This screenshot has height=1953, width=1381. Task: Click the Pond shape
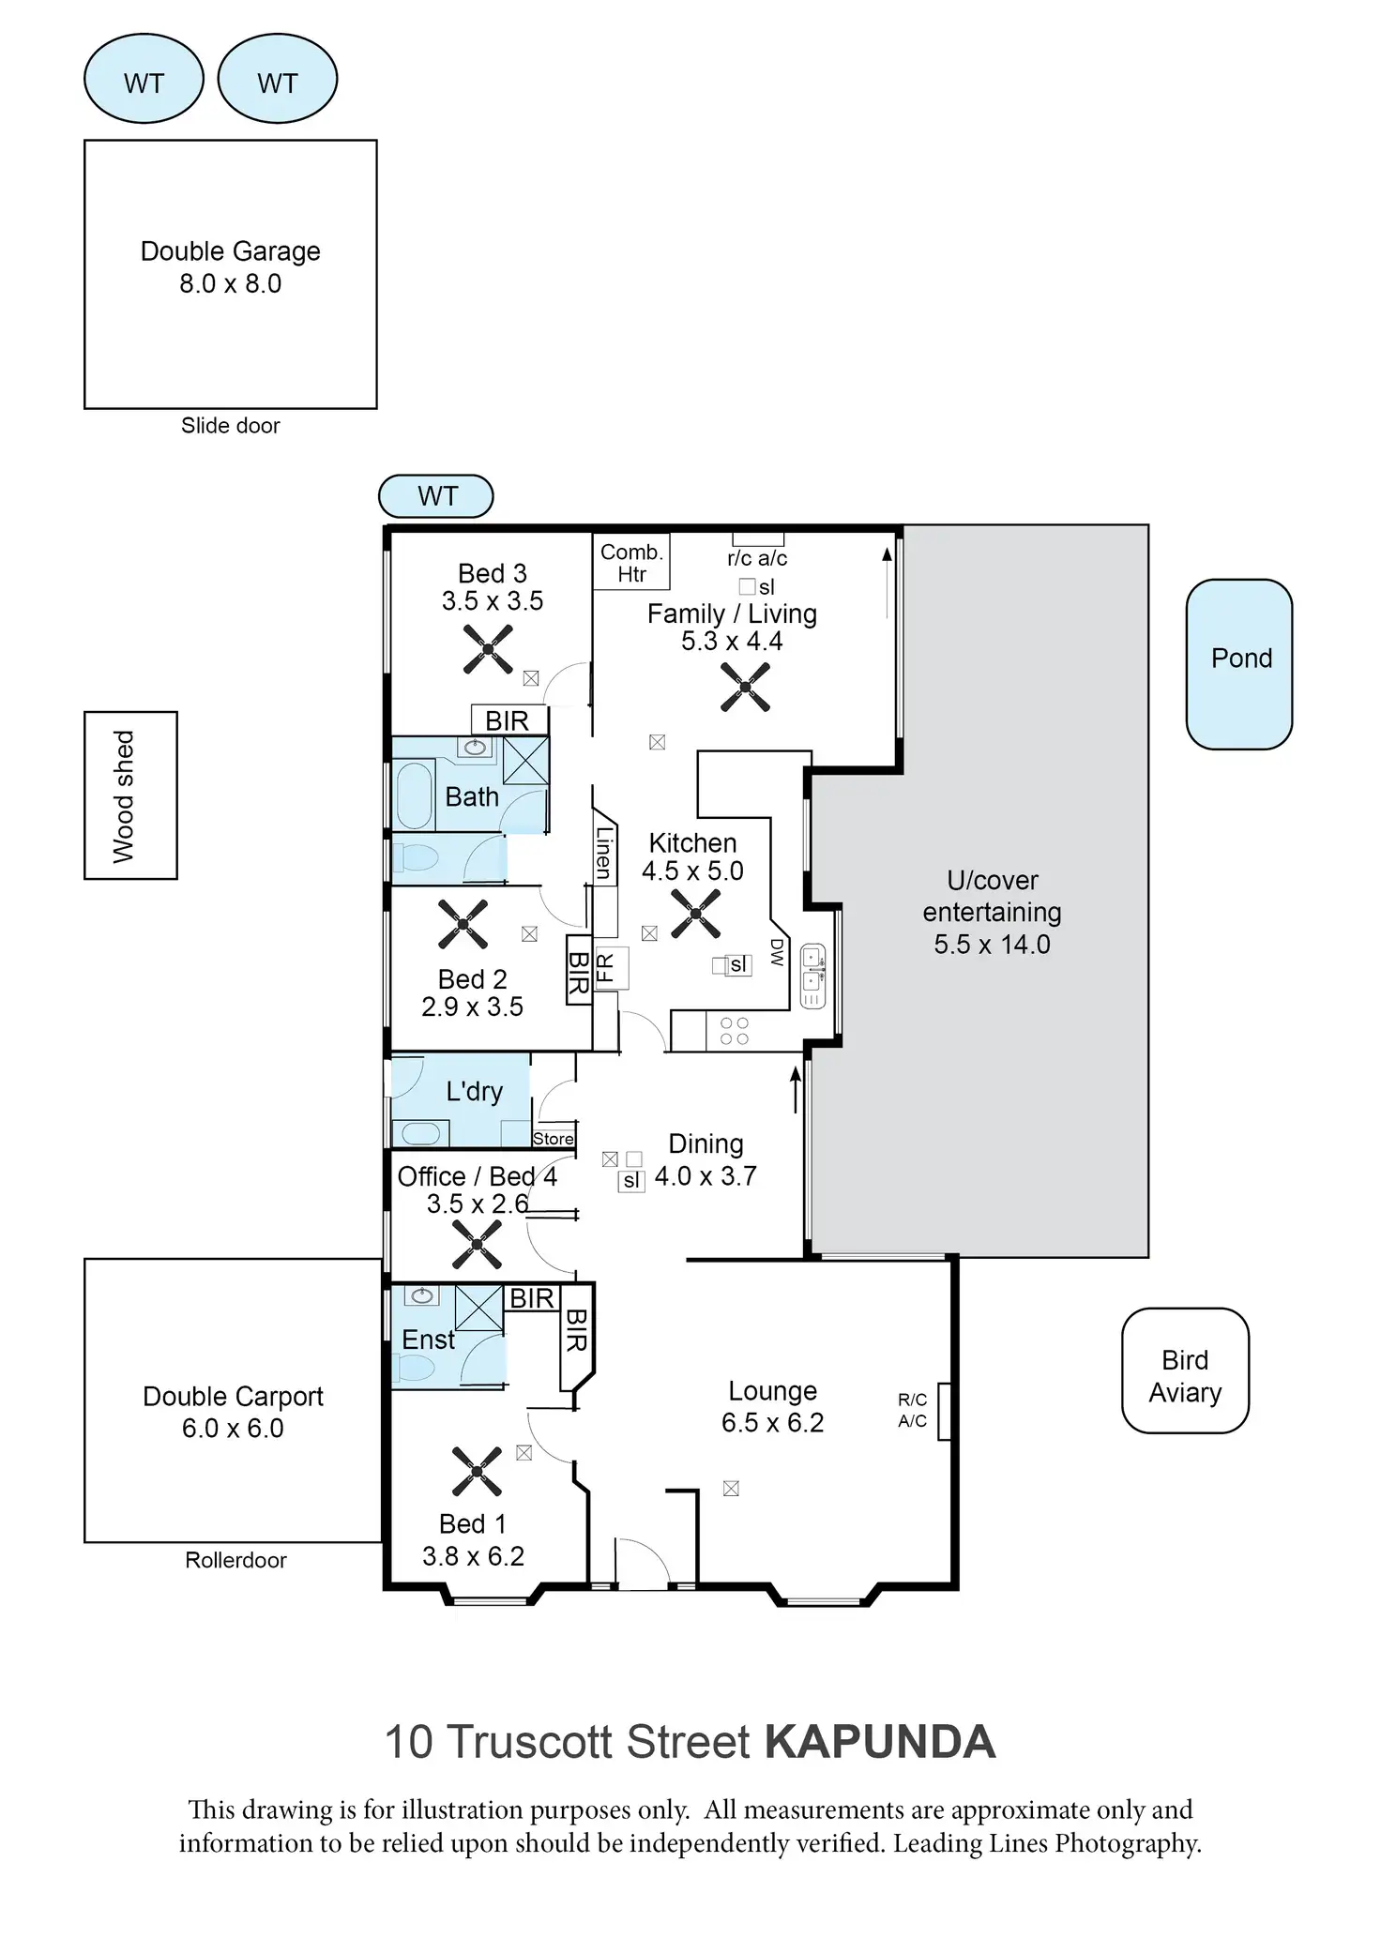[x=1238, y=663]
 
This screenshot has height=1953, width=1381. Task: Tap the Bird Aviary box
[x=1185, y=1370]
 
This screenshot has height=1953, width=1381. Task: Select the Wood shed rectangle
[x=130, y=795]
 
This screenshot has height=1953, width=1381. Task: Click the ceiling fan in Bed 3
[x=488, y=649]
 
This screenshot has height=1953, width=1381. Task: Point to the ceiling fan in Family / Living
[x=745, y=687]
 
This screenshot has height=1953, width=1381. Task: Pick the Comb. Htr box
[x=631, y=562]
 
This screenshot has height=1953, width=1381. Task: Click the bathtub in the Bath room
[x=415, y=795]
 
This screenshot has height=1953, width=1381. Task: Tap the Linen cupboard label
[x=604, y=853]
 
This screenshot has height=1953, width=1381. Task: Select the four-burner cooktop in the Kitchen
[x=734, y=1031]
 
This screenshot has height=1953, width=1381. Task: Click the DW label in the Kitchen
[x=777, y=952]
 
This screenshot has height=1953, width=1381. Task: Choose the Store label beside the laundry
[x=554, y=1138]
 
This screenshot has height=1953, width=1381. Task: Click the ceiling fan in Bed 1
[x=477, y=1470]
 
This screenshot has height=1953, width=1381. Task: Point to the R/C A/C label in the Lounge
[x=912, y=1410]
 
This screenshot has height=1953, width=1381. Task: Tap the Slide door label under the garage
[x=230, y=426]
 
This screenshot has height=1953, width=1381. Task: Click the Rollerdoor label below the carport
[x=235, y=1560]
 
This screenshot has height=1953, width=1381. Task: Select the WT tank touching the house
[x=436, y=496]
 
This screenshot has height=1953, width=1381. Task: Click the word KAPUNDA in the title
[x=879, y=1742]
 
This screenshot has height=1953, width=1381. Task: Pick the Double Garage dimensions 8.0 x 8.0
[x=230, y=283]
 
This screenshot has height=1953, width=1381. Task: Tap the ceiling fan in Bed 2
[x=463, y=924]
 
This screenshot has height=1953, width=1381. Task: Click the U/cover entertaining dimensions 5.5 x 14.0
[x=992, y=944]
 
